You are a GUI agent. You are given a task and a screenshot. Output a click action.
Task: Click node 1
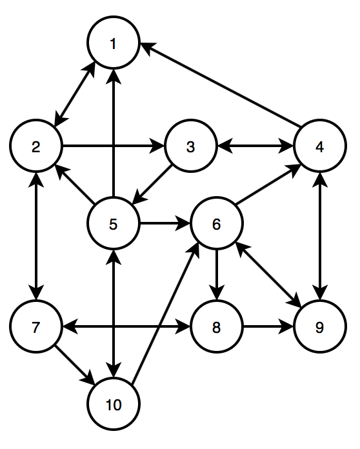pos(114,43)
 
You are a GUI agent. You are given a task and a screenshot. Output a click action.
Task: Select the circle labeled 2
pos(36,146)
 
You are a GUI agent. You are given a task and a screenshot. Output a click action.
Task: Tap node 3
pos(191,146)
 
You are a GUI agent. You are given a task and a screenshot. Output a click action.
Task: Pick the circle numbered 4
pos(320,146)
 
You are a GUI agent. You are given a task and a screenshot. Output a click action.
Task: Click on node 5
pos(114,223)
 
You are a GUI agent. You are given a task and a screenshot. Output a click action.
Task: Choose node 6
pos(217,223)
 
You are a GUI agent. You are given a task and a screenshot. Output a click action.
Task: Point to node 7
pos(36,326)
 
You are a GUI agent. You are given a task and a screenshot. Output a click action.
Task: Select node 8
pos(217,326)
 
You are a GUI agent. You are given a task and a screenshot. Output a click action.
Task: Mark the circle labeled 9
pos(320,326)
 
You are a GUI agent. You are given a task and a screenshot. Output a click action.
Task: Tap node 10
pos(114,403)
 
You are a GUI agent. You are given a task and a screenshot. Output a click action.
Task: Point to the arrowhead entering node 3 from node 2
pos(157,146)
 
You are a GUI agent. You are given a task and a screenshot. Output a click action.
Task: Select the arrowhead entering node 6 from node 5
pos(183,223)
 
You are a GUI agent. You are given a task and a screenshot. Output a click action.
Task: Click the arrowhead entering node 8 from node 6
pos(217,293)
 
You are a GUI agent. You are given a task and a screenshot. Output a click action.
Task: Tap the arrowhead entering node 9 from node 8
pos(286,326)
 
